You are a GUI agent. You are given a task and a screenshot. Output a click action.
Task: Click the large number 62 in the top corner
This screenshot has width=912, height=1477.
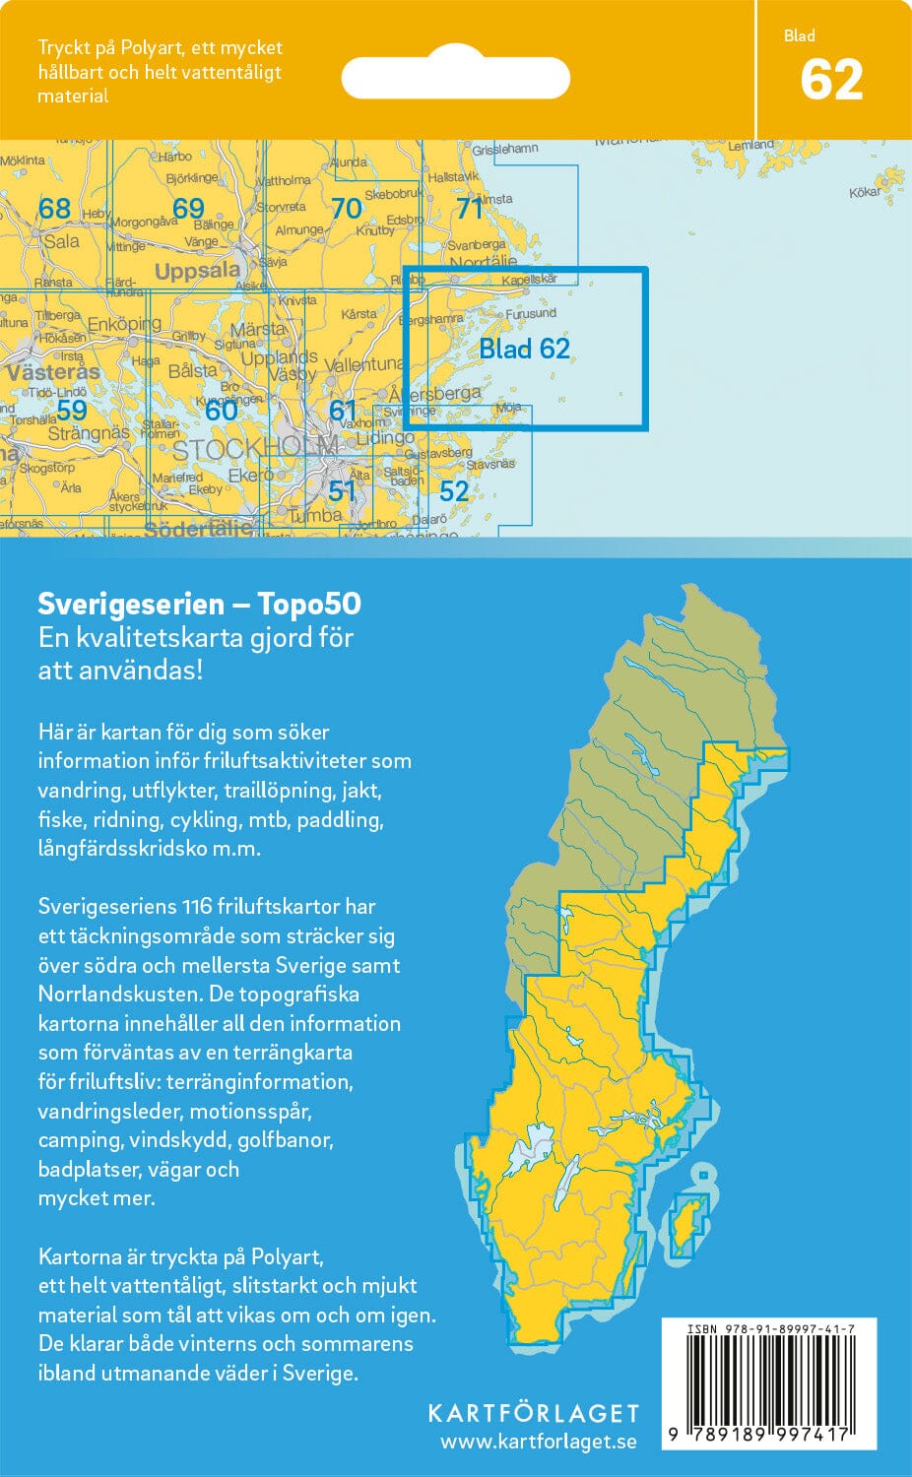(x=831, y=80)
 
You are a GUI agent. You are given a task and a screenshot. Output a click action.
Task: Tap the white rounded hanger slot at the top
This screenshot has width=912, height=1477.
(x=456, y=77)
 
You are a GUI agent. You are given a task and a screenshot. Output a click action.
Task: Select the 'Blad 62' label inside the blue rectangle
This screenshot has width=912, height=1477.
(x=524, y=349)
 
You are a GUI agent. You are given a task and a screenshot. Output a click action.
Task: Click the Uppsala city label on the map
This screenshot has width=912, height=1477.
(x=197, y=271)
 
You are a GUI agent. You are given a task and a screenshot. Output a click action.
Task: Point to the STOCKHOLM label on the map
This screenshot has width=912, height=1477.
(x=254, y=451)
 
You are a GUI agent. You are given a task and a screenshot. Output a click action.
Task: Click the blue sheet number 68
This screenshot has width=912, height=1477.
(x=54, y=208)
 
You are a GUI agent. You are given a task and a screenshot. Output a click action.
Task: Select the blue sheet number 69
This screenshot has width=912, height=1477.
(x=187, y=208)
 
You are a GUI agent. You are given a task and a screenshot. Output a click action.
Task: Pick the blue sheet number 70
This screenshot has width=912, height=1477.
(x=346, y=208)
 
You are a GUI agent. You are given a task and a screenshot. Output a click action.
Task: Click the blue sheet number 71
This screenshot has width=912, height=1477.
(x=470, y=208)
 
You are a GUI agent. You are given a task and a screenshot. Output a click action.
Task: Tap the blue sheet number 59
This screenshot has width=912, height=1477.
(x=71, y=410)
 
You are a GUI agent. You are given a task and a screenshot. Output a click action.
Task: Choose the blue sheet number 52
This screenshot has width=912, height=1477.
(x=453, y=490)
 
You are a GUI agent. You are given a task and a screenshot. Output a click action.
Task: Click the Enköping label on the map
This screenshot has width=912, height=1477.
(x=124, y=324)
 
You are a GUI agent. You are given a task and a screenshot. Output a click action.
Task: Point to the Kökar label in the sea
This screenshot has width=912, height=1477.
(x=865, y=192)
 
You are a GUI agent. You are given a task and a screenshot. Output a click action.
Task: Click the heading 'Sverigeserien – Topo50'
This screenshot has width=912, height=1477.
(x=199, y=604)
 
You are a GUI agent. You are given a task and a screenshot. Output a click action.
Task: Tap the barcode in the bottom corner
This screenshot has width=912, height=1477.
(x=769, y=1388)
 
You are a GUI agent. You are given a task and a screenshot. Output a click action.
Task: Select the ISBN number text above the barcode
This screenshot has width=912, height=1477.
(x=770, y=1329)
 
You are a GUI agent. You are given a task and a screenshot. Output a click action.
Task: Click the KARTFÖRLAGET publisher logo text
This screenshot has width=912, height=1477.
(x=533, y=1413)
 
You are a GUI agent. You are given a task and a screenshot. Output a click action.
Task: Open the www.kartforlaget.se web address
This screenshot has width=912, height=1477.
(x=538, y=1442)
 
